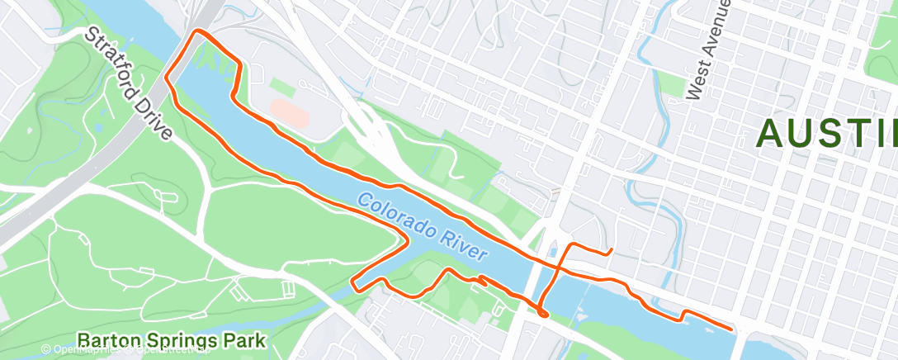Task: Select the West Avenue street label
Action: point(707,49)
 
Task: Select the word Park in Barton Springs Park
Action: point(244,340)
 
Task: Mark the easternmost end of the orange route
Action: point(731,329)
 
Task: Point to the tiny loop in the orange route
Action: point(541,311)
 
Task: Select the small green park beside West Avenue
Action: point(673,83)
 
